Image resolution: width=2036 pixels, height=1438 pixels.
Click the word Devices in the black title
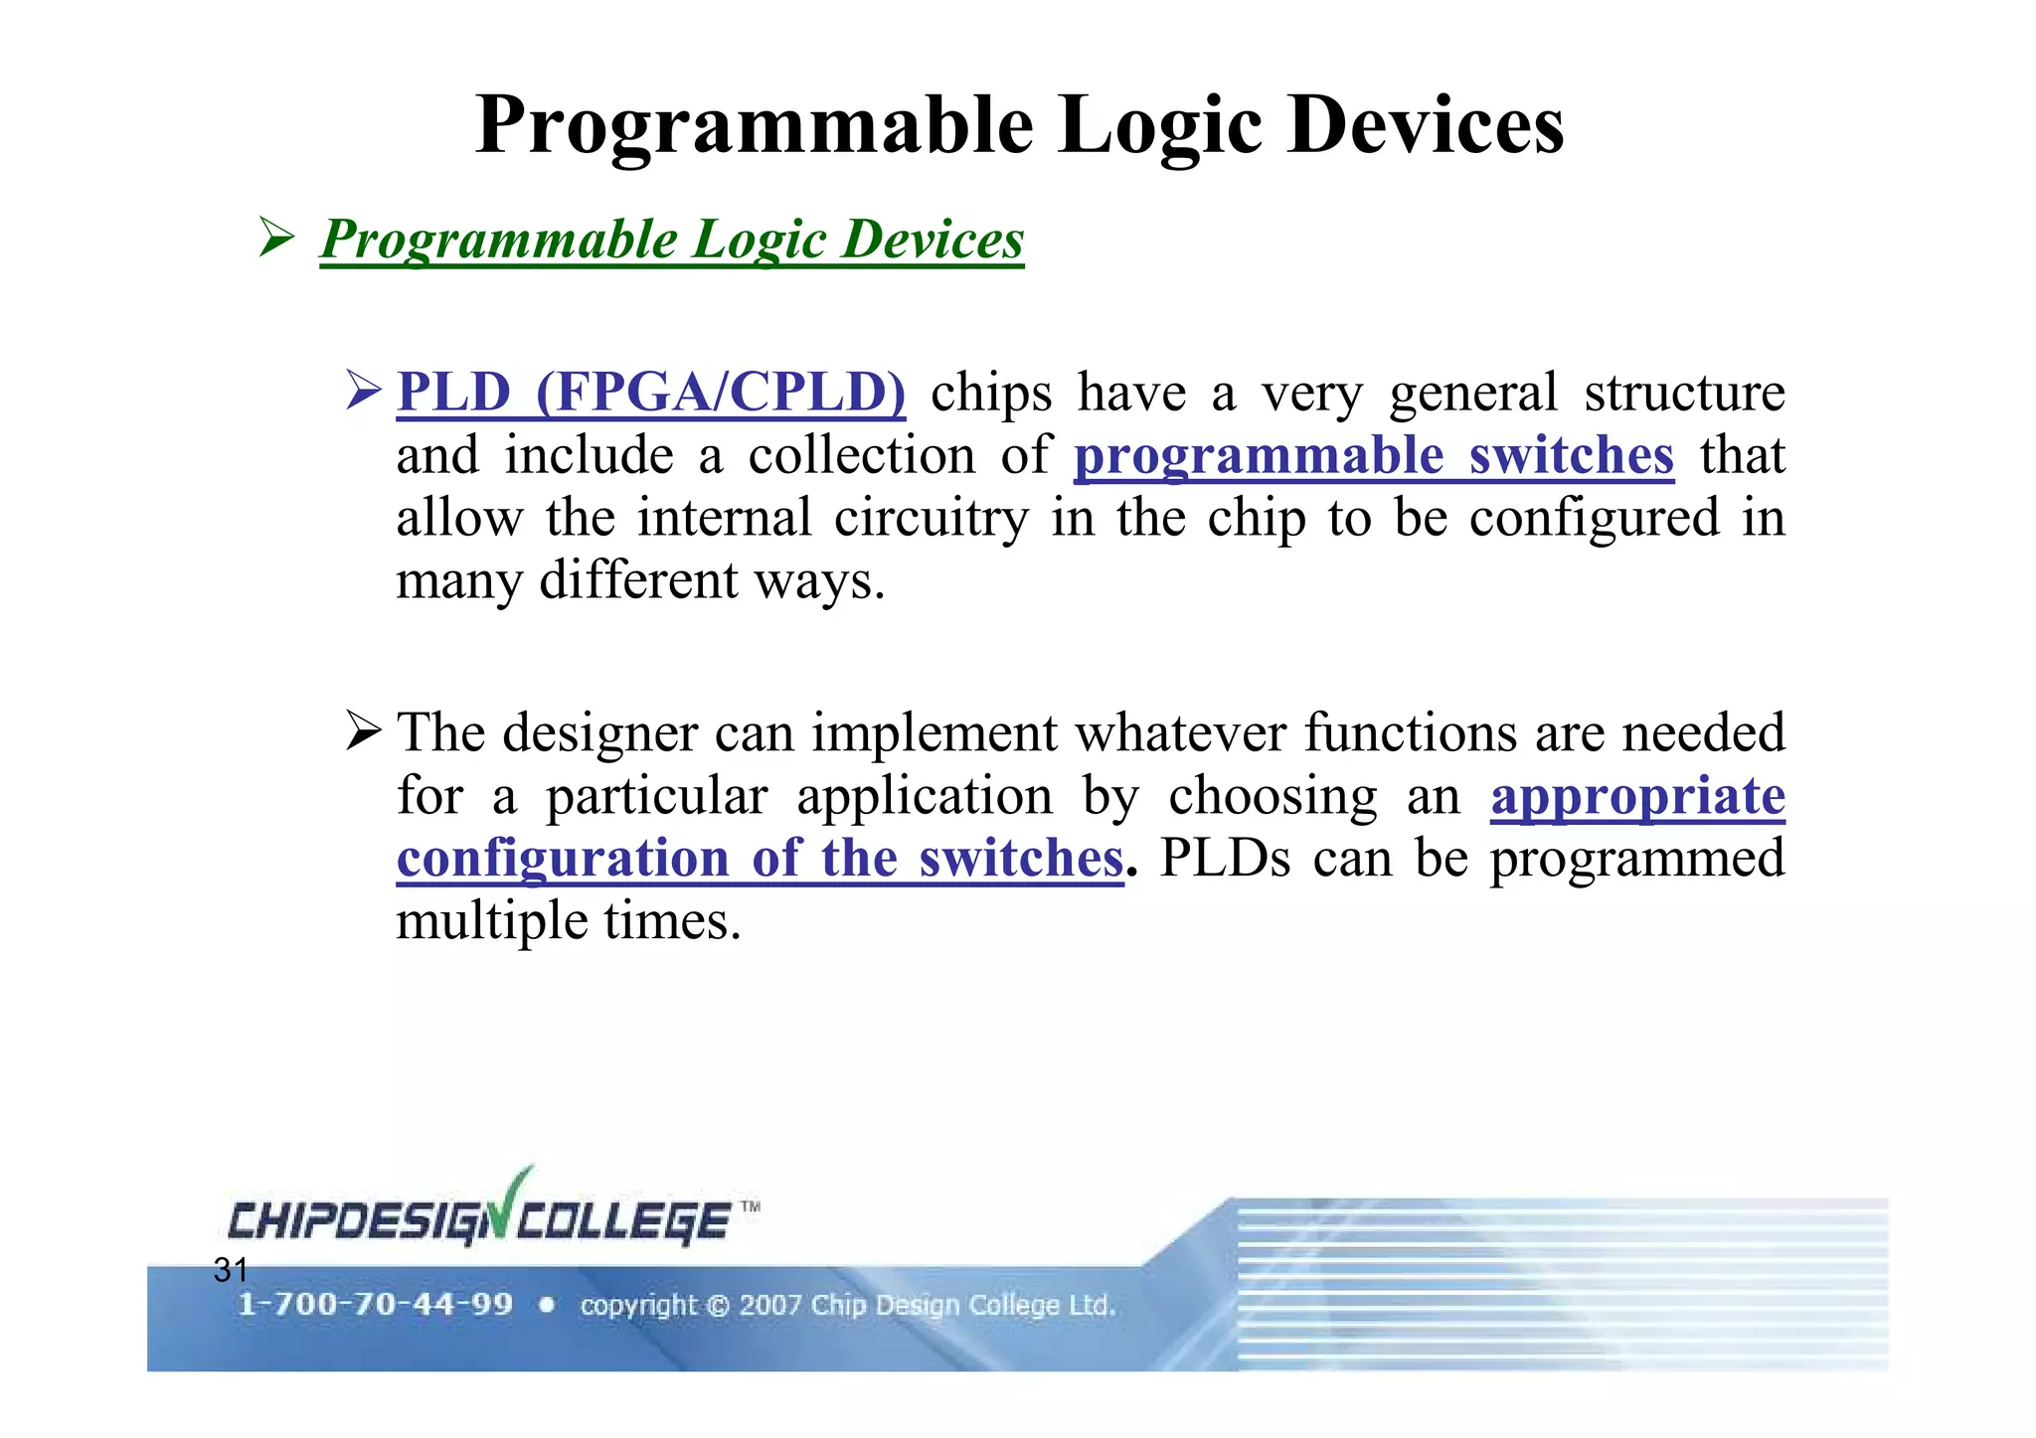[1426, 126]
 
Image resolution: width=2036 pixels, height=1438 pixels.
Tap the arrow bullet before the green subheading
[275, 238]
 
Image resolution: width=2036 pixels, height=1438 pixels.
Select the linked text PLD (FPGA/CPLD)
[651, 393]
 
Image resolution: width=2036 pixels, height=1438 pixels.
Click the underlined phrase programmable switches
[1373, 456]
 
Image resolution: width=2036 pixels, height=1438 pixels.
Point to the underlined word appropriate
[1637, 796]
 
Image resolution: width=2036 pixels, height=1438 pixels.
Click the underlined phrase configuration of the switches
[760, 859]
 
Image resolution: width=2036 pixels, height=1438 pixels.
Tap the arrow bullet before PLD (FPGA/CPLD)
[364, 390]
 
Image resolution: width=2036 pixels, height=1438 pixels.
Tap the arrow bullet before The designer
[364, 731]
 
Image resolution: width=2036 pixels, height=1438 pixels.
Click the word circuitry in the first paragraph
[931, 519]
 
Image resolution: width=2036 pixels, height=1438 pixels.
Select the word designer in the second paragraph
[599, 733]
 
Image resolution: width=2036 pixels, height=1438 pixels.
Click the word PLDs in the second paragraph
[1225, 859]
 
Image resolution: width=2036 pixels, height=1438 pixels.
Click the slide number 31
[231, 1269]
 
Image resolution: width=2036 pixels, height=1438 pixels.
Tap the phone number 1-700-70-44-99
[375, 1304]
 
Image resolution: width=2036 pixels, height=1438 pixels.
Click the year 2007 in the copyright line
[769, 1305]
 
